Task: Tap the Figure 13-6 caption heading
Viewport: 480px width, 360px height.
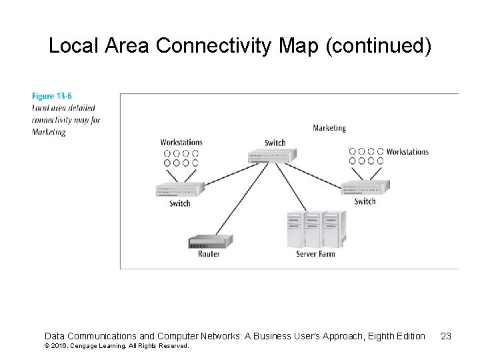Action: (52, 97)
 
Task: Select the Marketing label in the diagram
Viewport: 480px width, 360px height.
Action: (329, 128)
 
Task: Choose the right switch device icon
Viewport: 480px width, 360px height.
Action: (365, 187)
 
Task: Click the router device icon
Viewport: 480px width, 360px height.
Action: (210, 241)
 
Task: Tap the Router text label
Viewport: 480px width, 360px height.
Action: (209, 254)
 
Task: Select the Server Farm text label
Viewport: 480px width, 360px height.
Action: (315, 254)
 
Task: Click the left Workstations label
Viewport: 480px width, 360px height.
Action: (181, 142)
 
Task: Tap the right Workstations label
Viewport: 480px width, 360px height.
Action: (407, 152)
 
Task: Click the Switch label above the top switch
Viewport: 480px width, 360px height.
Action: (275, 143)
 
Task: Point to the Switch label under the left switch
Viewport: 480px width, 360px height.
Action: (179, 203)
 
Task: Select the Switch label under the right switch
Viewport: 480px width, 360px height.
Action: (365, 201)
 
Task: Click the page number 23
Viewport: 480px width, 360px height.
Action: (446, 336)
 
